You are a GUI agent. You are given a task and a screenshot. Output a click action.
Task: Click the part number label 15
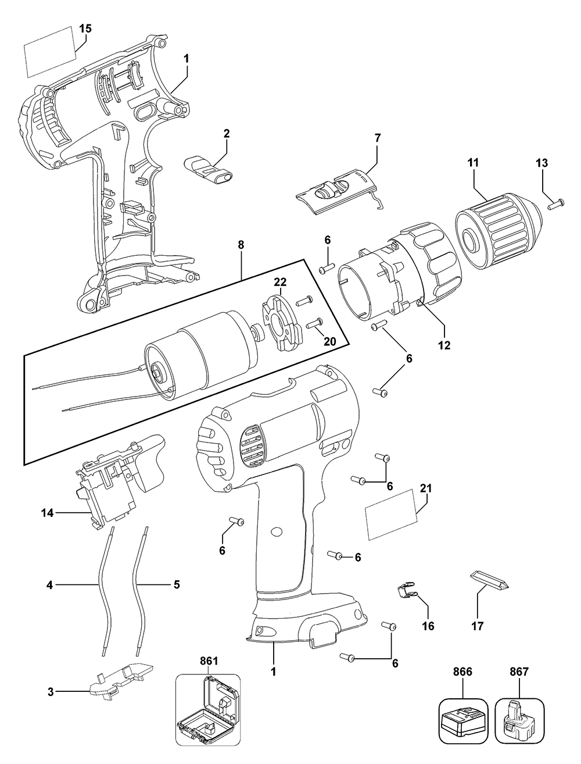coord(85,28)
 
